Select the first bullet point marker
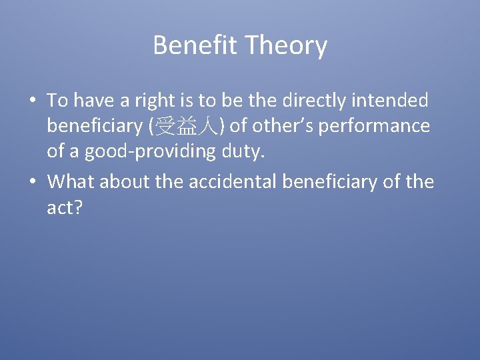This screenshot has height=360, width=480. [x=33, y=101]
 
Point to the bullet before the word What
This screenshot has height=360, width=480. [x=33, y=181]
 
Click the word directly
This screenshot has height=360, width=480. [x=313, y=100]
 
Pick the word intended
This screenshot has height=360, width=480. [x=391, y=100]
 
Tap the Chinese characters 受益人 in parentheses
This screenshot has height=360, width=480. [x=182, y=127]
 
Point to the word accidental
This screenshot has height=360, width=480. [x=236, y=181]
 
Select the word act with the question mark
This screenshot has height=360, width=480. [x=64, y=208]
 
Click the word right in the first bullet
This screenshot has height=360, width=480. [x=160, y=100]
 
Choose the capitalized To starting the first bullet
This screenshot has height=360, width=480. [x=57, y=100]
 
